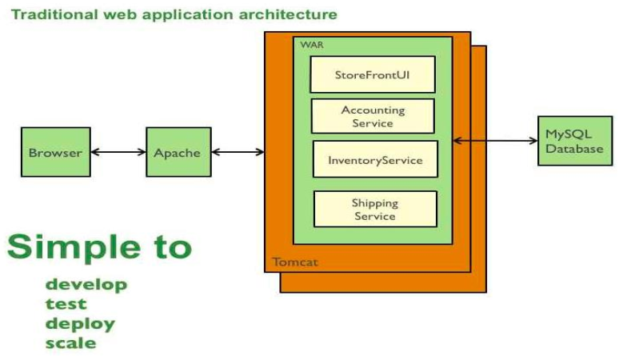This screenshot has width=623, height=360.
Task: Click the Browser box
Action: click(55, 152)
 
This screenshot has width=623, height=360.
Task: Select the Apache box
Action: click(178, 152)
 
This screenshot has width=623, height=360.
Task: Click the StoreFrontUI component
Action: click(373, 74)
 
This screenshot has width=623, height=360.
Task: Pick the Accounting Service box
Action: click(373, 116)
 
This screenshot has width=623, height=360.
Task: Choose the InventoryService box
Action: click(374, 159)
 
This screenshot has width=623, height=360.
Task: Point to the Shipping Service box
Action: click(374, 209)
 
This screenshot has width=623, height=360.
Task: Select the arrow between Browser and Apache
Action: click(118, 152)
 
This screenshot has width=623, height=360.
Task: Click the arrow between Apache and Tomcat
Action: click(238, 152)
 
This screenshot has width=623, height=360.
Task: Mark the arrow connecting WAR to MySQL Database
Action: click(495, 141)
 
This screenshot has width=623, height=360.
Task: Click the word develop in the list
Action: click(86, 285)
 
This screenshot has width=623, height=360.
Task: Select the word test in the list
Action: click(66, 304)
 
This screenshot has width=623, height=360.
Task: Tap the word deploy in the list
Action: click(80, 324)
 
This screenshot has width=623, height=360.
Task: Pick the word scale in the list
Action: click(71, 343)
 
